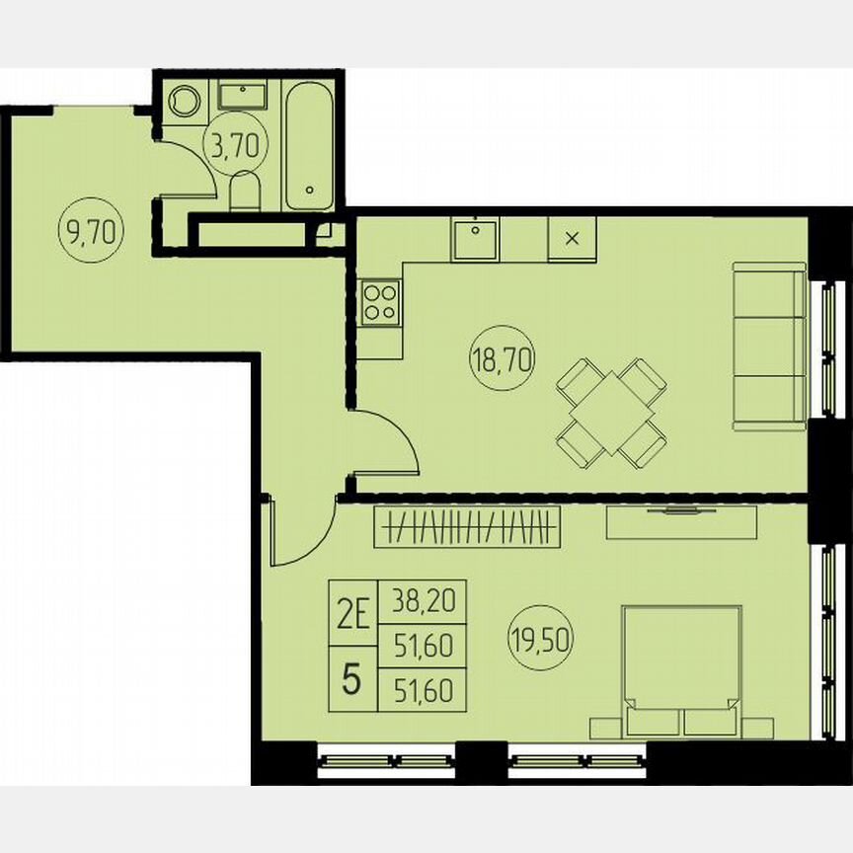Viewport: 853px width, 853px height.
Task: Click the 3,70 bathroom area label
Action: click(235, 146)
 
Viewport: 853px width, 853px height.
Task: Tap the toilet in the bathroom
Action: click(243, 191)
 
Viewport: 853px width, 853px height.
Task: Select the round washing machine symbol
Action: click(185, 102)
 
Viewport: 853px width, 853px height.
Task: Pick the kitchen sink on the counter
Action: click(476, 238)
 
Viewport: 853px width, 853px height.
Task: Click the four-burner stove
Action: click(380, 300)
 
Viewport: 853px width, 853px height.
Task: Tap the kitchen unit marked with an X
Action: click(572, 239)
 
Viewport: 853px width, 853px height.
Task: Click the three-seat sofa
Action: click(770, 346)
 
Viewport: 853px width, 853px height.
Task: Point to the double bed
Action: click(681, 671)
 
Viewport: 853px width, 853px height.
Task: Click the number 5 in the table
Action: click(351, 680)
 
